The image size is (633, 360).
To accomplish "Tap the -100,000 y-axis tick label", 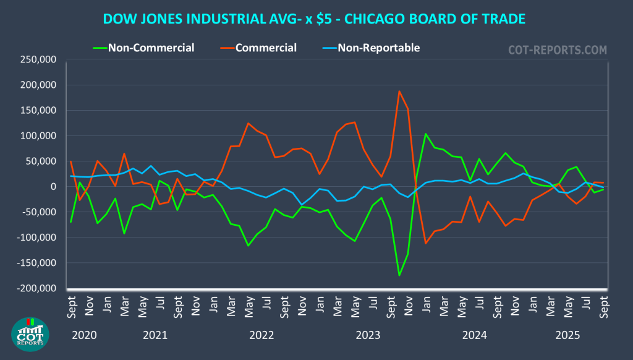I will [x=36, y=238].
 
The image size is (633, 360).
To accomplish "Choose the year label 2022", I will [x=261, y=336].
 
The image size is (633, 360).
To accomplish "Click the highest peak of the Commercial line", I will [x=399, y=92].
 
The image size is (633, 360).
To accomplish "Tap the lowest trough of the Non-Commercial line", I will [x=399, y=275].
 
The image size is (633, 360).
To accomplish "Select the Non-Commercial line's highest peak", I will [x=426, y=134].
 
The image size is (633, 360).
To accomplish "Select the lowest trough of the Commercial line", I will [x=426, y=243].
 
